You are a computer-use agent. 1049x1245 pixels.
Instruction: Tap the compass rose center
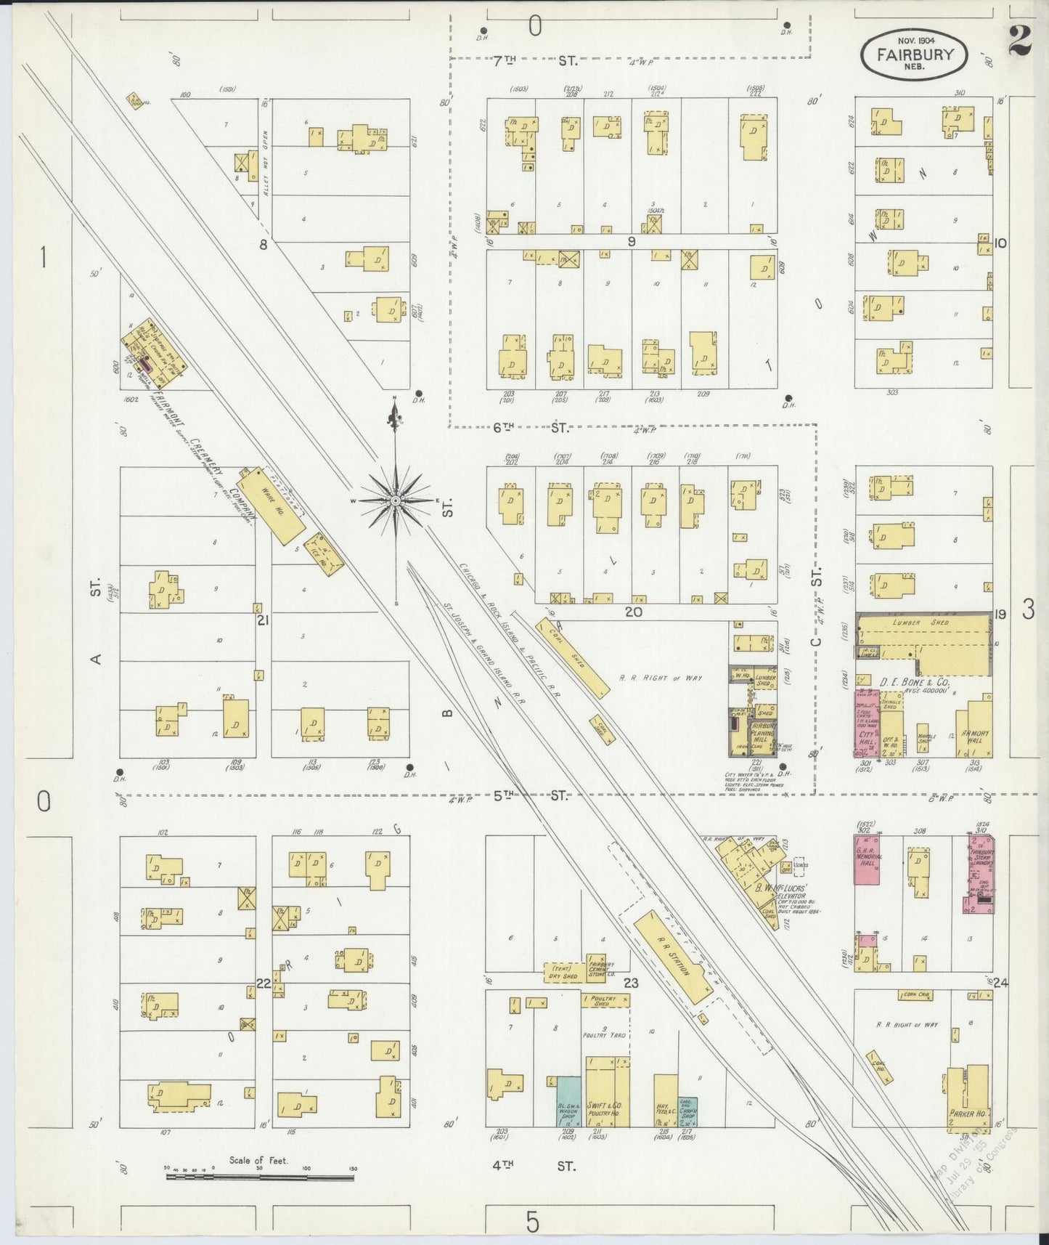(394, 501)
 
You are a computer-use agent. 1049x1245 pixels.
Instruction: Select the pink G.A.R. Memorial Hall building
(866, 859)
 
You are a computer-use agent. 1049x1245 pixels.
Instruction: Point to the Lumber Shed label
(921, 622)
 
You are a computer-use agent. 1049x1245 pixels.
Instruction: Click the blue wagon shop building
(568, 1101)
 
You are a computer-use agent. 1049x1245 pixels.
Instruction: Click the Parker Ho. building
(967, 1098)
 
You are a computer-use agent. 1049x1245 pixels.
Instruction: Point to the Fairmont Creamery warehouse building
(269, 505)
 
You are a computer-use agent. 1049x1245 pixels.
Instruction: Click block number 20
(633, 612)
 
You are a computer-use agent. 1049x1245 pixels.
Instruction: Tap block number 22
(263, 984)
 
